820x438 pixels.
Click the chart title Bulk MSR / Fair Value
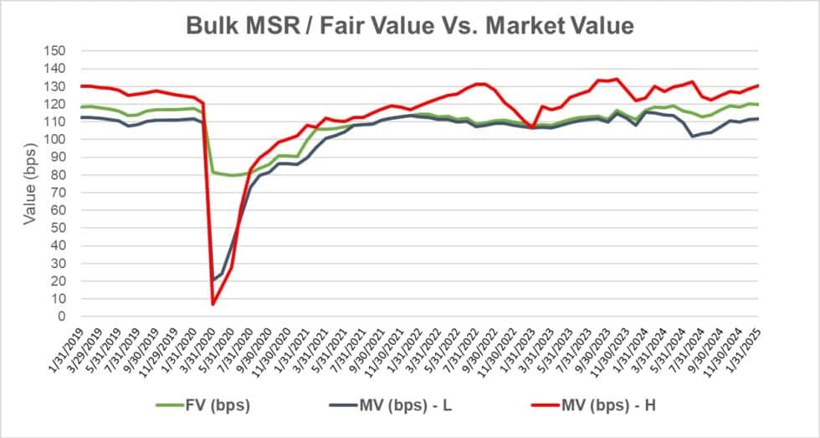[x=409, y=25]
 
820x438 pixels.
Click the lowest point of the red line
[x=213, y=303]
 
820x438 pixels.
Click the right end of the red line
[x=758, y=85]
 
